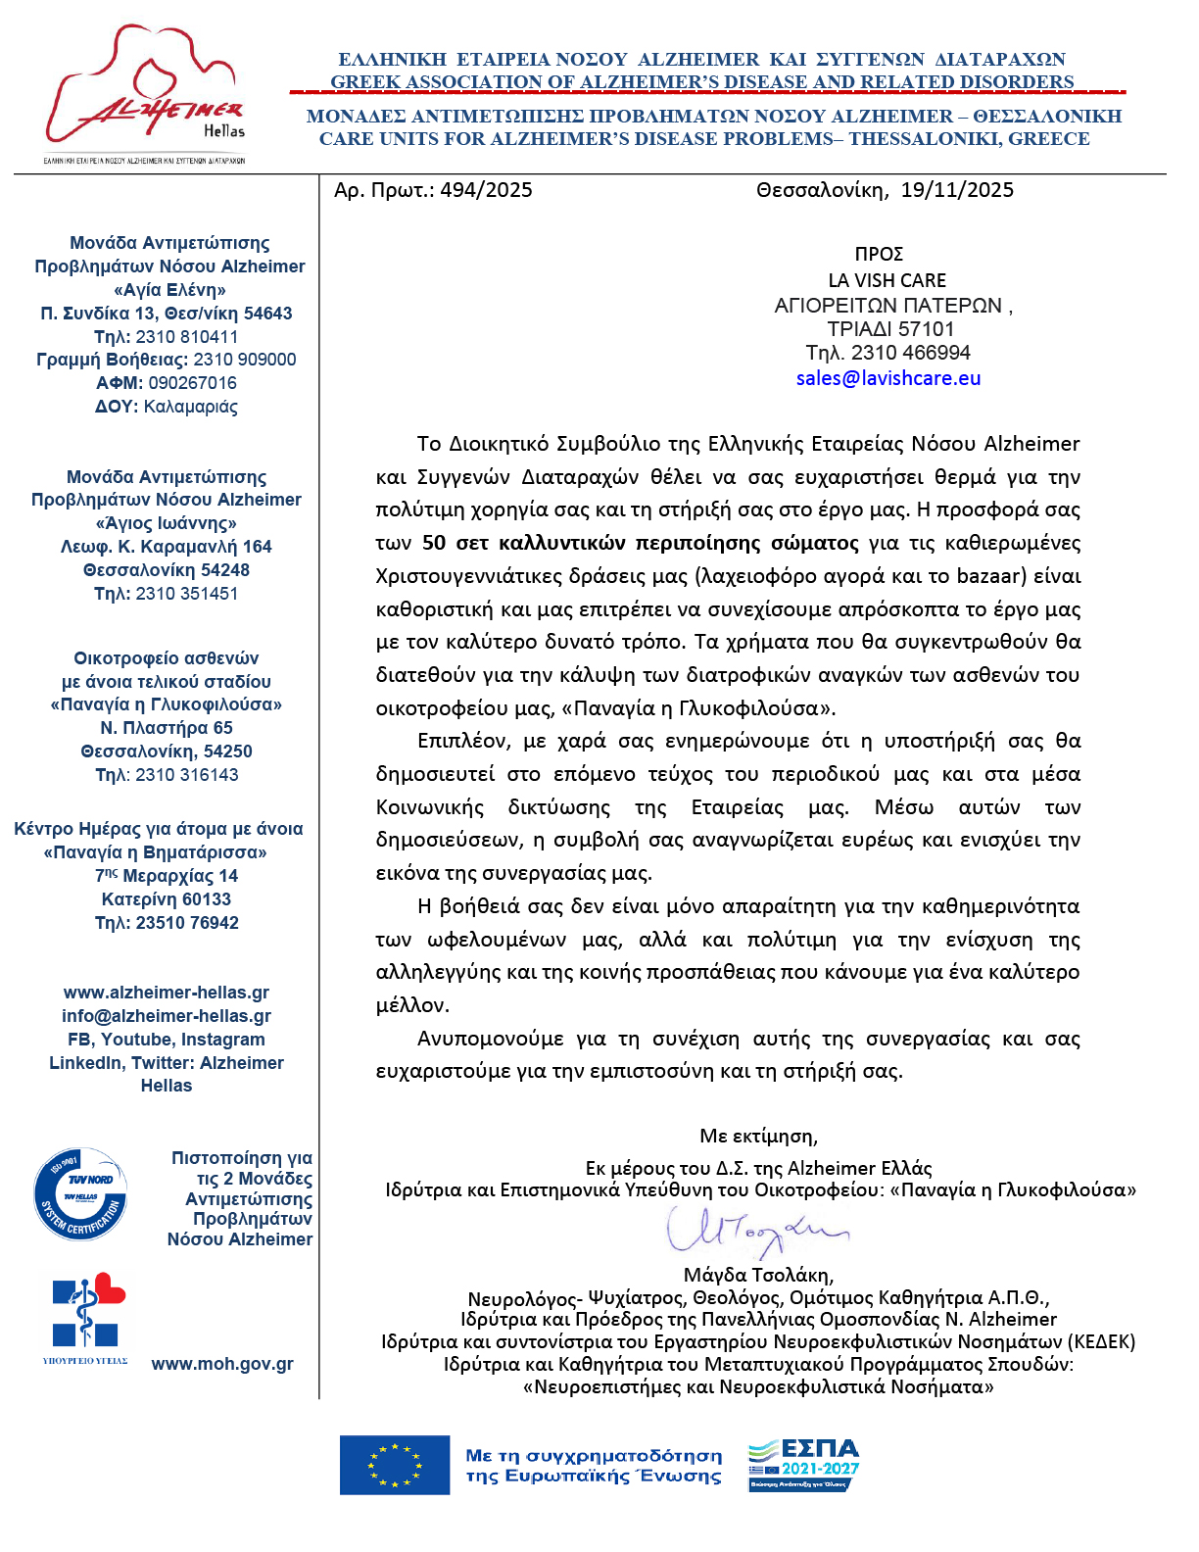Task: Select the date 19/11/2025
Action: click(957, 190)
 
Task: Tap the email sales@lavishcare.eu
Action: click(887, 378)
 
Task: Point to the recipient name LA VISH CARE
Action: click(887, 280)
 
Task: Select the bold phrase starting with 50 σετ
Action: click(640, 543)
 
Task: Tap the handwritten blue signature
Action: click(754, 1231)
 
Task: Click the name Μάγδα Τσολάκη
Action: click(758, 1275)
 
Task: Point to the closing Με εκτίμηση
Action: click(758, 1137)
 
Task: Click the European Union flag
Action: click(394, 1466)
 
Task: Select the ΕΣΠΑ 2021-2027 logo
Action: click(803, 1465)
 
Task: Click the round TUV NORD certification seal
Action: click(80, 1194)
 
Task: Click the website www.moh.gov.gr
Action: click(222, 1364)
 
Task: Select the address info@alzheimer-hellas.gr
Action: click(167, 1016)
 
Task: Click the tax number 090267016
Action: click(192, 383)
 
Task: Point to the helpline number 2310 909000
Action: click(244, 360)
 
